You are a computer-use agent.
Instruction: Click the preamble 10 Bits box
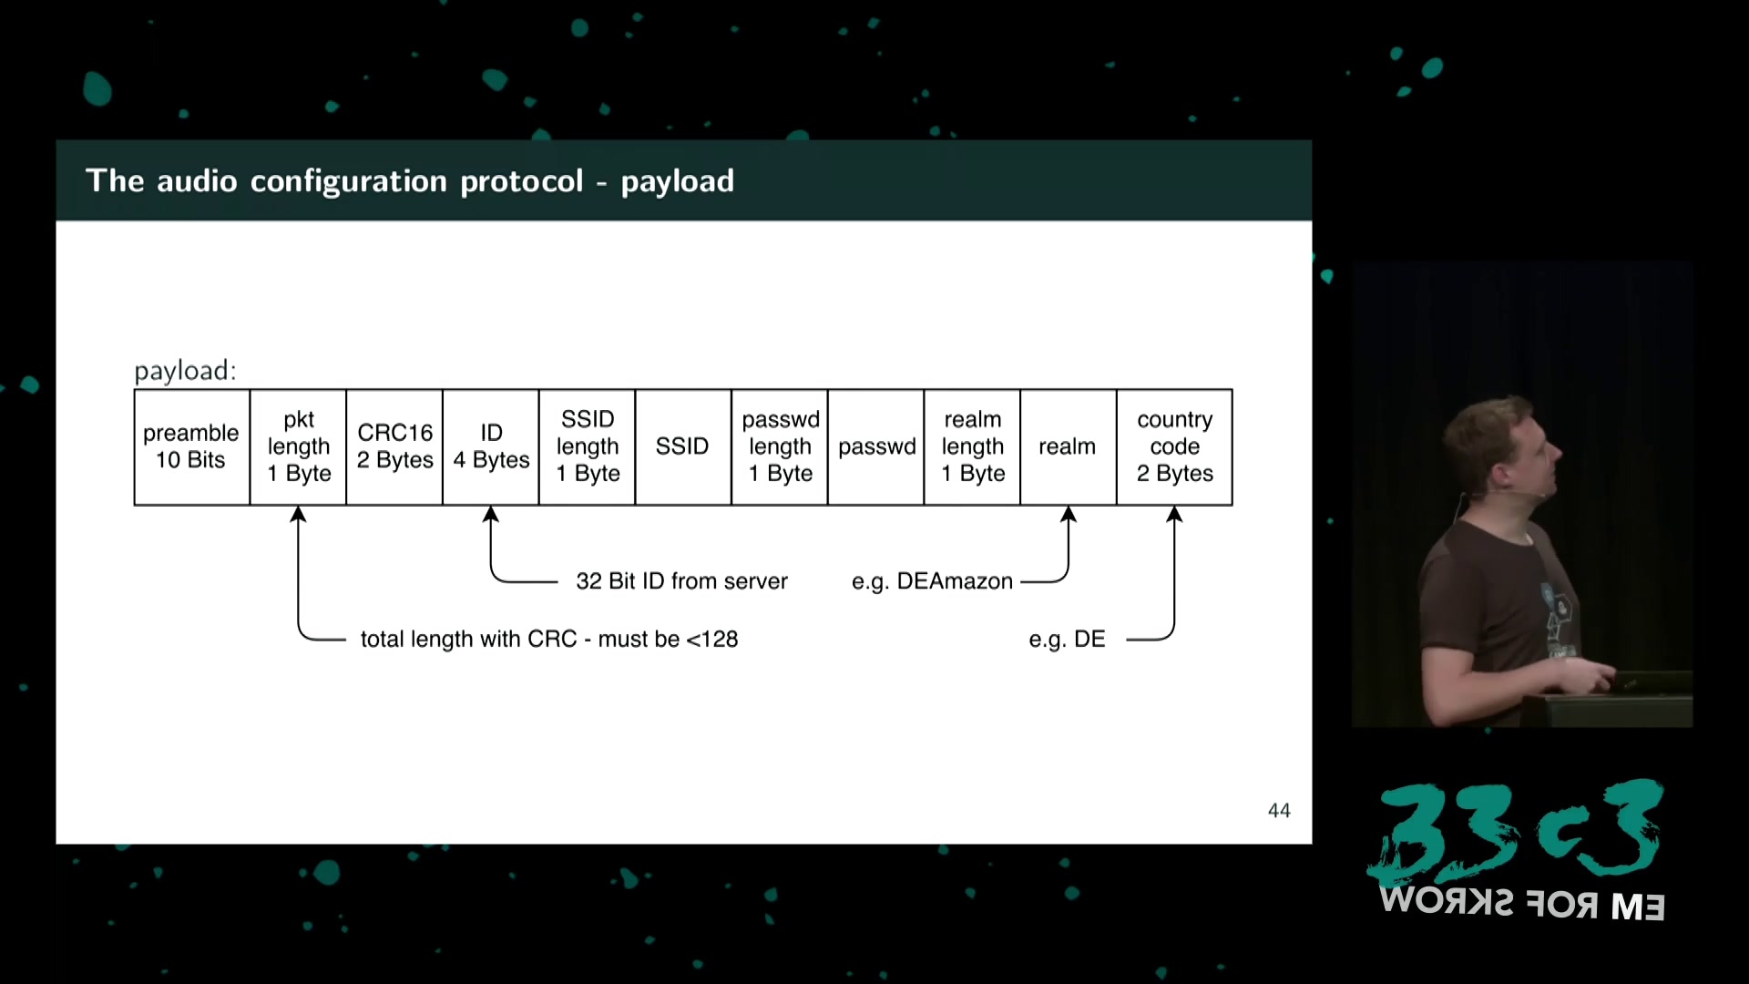(191, 446)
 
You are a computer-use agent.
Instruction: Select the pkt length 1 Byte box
(298, 446)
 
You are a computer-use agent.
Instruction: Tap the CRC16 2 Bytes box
(394, 446)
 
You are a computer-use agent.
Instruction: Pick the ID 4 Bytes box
(491, 446)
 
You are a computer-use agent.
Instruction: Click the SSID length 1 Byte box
(588, 446)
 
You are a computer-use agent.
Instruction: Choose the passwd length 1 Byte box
(780, 446)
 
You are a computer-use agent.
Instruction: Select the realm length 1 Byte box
(972, 446)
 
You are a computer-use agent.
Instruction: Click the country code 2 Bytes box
(1174, 446)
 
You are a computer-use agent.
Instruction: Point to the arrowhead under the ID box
(491, 515)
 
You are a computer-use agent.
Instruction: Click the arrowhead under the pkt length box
(298, 515)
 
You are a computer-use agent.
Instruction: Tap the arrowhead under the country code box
(1174, 515)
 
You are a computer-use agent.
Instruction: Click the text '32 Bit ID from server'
(681, 581)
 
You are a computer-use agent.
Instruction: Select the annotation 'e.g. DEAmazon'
(932, 581)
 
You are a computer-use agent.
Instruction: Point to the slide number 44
(1279, 810)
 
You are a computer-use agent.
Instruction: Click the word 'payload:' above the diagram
(185, 371)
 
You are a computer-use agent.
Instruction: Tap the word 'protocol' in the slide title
(521, 181)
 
